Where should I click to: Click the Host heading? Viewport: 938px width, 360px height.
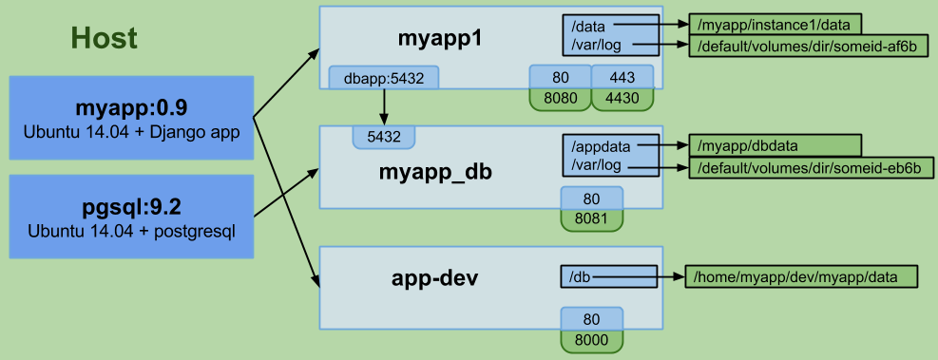[104, 38]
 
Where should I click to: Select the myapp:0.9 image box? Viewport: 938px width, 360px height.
[132, 117]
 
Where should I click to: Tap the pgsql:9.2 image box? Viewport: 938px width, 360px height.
[132, 217]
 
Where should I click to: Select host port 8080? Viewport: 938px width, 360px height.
[559, 97]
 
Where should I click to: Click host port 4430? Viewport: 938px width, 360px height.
[622, 97]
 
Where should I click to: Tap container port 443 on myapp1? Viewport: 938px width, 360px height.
[622, 77]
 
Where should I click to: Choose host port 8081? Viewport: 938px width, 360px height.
[591, 219]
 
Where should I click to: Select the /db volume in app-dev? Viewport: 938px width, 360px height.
[580, 277]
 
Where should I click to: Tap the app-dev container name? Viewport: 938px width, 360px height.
[433, 279]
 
